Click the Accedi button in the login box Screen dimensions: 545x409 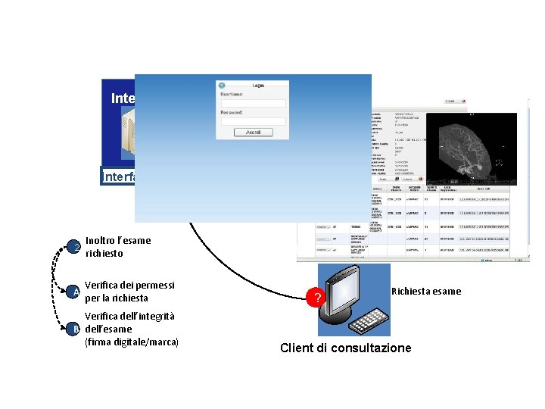click(x=254, y=132)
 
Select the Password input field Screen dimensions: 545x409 click(x=253, y=121)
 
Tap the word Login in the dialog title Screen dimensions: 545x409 click(x=258, y=86)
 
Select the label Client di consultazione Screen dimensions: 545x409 click(x=346, y=348)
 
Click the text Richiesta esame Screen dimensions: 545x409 click(x=426, y=292)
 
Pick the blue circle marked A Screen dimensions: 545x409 click(x=75, y=292)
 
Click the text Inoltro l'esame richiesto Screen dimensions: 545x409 click(x=118, y=247)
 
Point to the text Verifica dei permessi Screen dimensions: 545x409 click(x=129, y=286)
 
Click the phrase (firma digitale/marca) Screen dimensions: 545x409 click(x=132, y=342)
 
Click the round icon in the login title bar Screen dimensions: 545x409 click(x=222, y=86)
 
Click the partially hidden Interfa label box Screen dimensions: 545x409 click(x=118, y=177)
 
